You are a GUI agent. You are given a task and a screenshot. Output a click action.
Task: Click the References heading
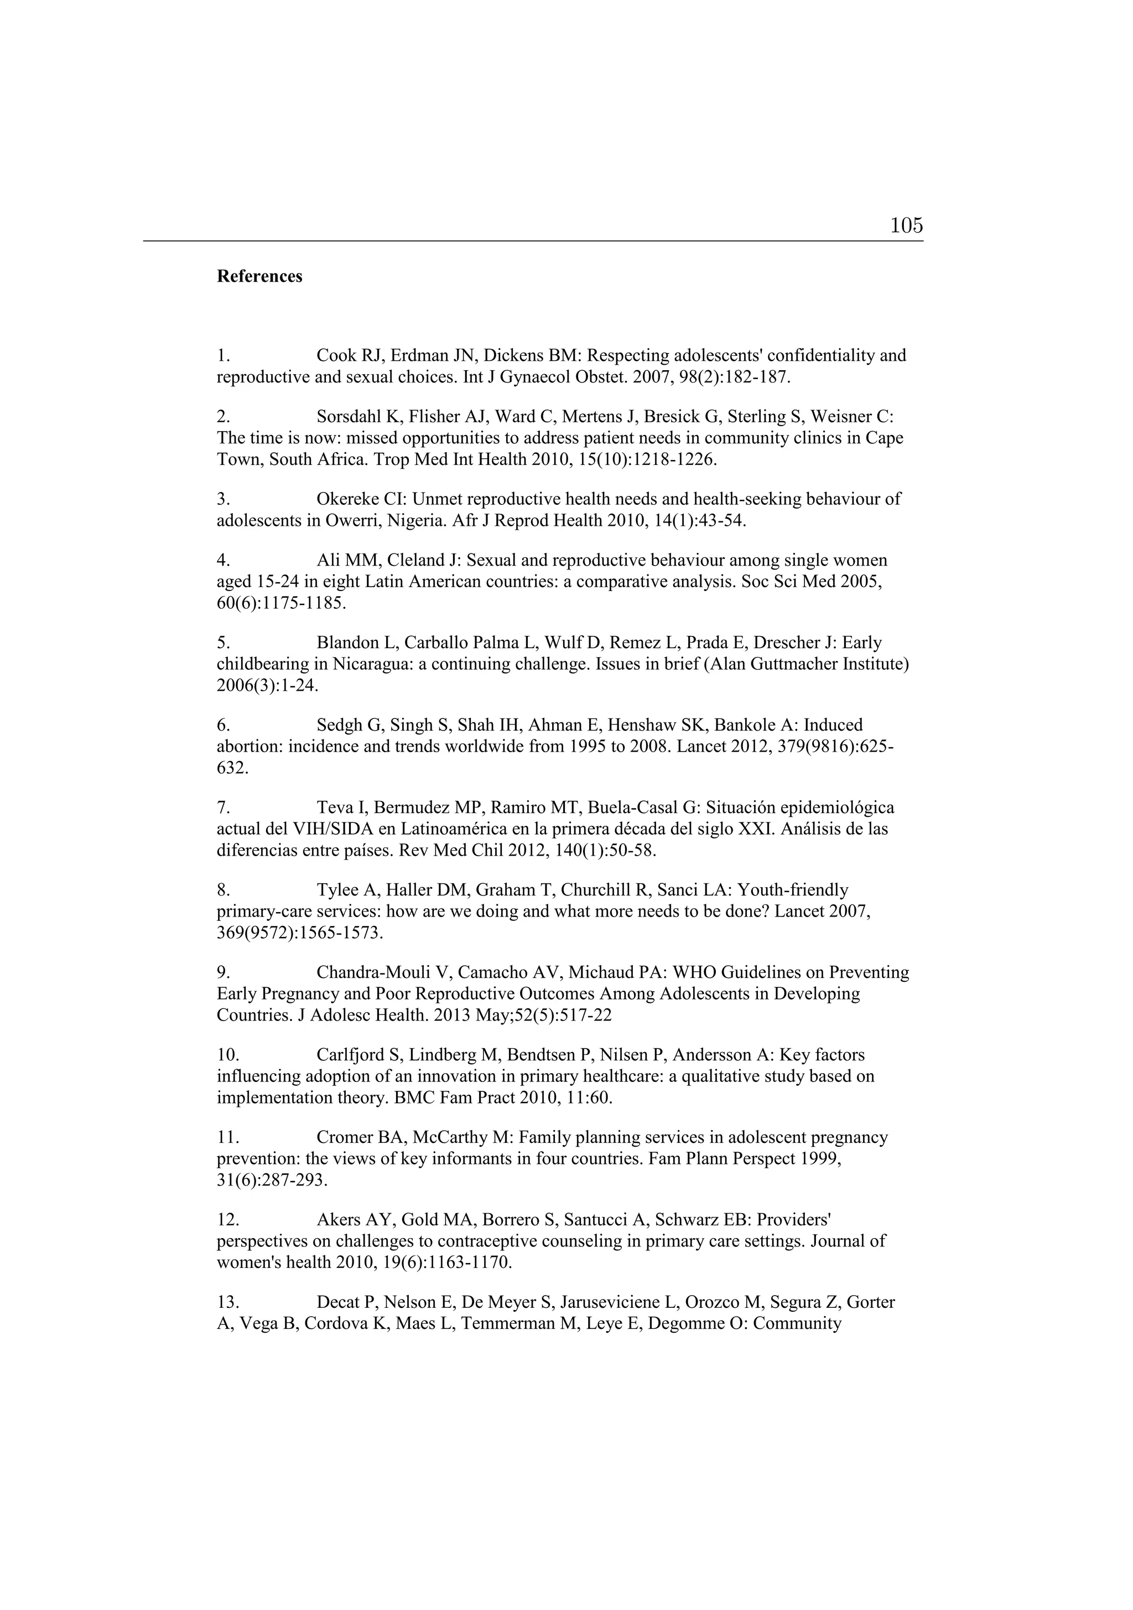point(259,276)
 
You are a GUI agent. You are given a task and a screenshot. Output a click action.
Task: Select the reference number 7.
point(224,808)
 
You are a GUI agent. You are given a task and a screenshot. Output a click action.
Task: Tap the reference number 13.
point(228,1302)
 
